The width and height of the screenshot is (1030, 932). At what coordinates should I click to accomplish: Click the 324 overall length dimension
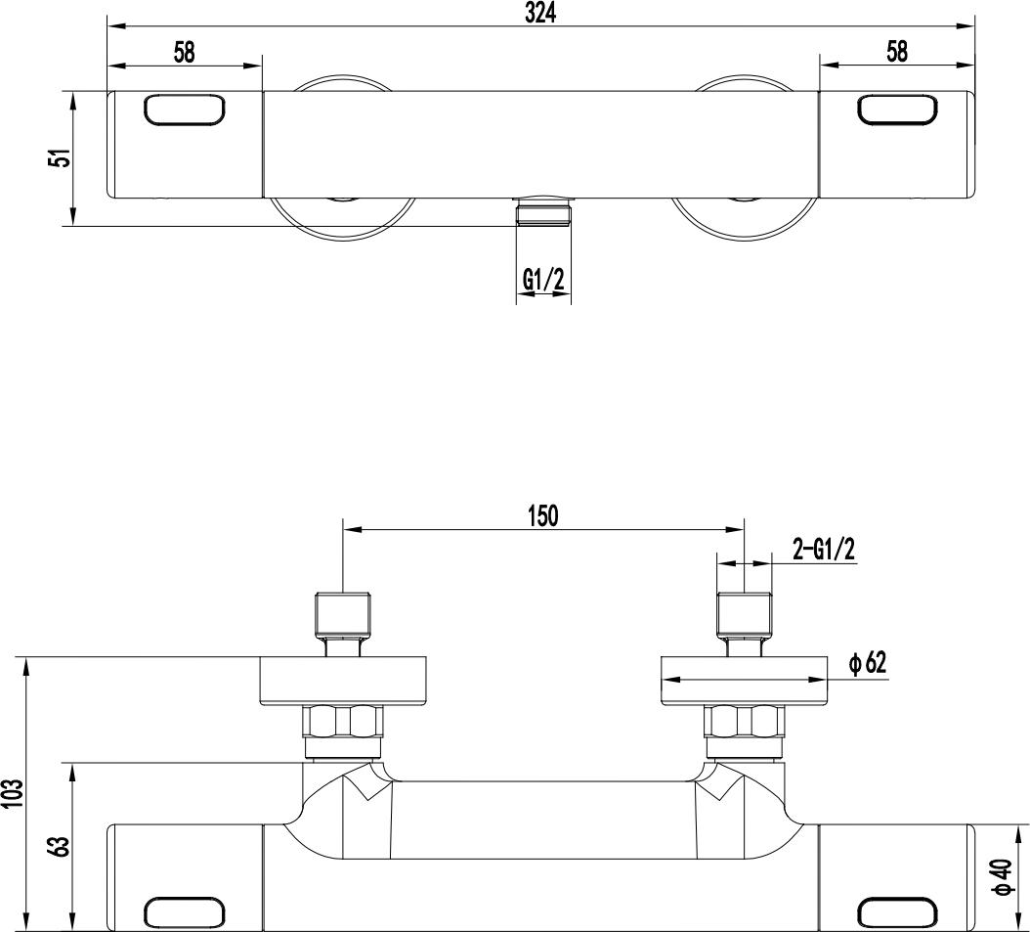pyautogui.click(x=540, y=13)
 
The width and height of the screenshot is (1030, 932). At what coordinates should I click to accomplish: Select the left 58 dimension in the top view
pyautogui.click(x=185, y=52)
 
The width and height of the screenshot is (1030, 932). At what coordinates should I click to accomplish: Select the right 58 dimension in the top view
pyautogui.click(x=897, y=51)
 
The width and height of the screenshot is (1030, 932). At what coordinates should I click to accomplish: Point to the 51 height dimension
pyautogui.click(x=62, y=158)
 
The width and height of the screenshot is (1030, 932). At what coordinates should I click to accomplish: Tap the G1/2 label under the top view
pyautogui.click(x=543, y=281)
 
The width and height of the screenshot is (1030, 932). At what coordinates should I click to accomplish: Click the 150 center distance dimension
pyautogui.click(x=543, y=516)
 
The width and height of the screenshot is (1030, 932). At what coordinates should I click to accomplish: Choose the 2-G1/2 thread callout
pyautogui.click(x=824, y=550)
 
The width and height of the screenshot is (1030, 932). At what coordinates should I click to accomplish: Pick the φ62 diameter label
pyautogui.click(x=867, y=663)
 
